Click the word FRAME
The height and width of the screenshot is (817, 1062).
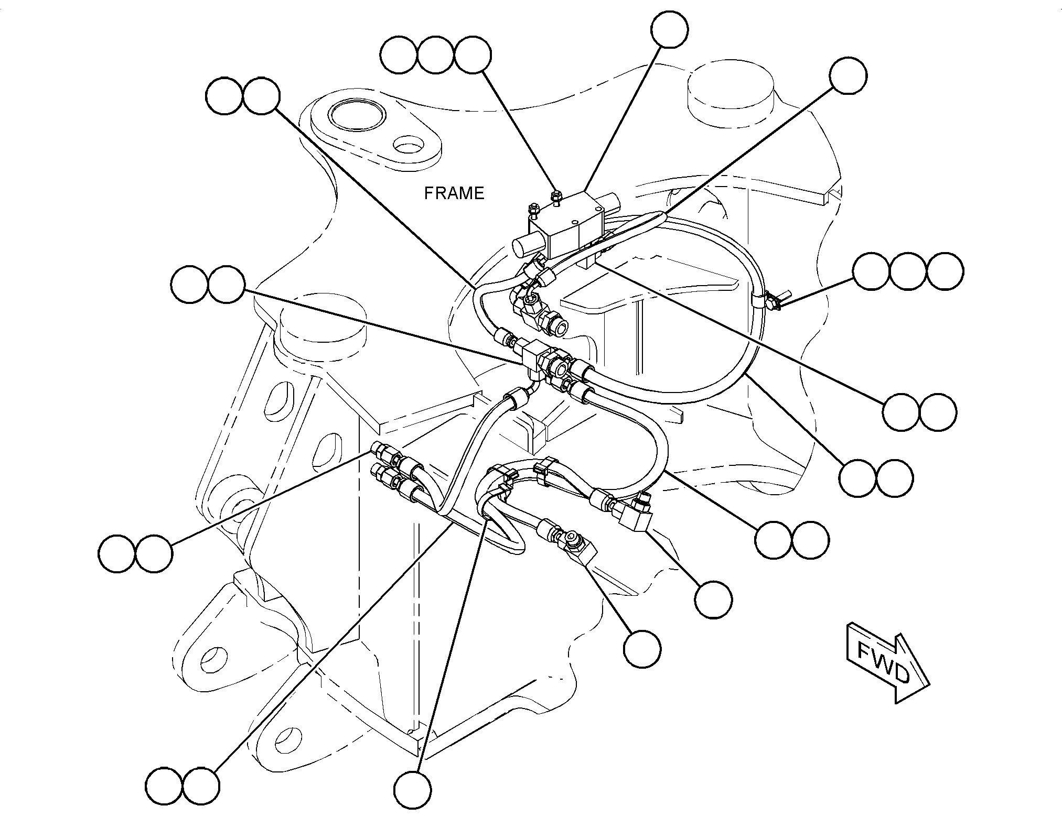(x=454, y=193)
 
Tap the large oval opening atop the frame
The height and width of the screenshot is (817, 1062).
(x=357, y=116)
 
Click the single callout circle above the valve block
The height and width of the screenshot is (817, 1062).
(x=670, y=29)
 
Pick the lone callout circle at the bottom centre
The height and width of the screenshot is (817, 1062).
(x=413, y=790)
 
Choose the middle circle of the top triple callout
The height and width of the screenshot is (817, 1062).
(x=436, y=55)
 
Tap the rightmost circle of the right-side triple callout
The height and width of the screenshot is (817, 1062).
(x=945, y=271)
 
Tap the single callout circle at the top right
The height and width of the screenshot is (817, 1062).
(x=848, y=76)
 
